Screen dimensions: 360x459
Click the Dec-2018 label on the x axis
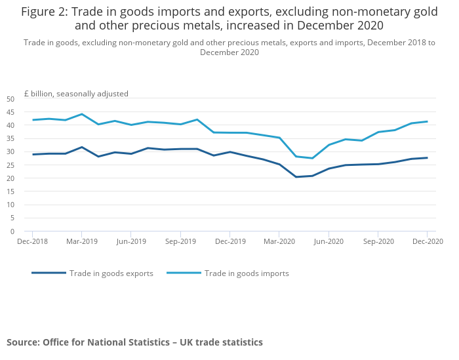[x=31, y=241]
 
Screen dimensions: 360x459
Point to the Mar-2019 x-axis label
[x=81, y=241]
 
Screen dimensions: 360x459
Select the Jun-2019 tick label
[x=130, y=241]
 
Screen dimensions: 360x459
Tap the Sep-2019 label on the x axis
[x=180, y=241]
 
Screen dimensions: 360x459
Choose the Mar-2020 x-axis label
[x=279, y=241]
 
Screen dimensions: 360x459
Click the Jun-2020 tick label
[x=329, y=241]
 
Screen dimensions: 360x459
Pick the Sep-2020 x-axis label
[x=378, y=241]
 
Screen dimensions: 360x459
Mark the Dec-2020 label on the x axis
[x=428, y=241]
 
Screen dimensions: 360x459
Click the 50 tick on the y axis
[x=10, y=98]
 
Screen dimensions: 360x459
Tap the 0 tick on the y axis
[x=12, y=231]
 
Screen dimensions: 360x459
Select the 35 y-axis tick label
[x=10, y=138]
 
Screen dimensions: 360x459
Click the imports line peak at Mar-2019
[x=81, y=114]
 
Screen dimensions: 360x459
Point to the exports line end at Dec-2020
[x=427, y=157]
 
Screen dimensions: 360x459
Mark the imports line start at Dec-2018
[x=32, y=120]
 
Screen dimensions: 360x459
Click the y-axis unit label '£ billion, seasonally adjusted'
[x=76, y=94]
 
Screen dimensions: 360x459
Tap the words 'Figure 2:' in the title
[x=45, y=11]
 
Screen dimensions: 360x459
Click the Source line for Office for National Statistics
[x=134, y=342]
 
